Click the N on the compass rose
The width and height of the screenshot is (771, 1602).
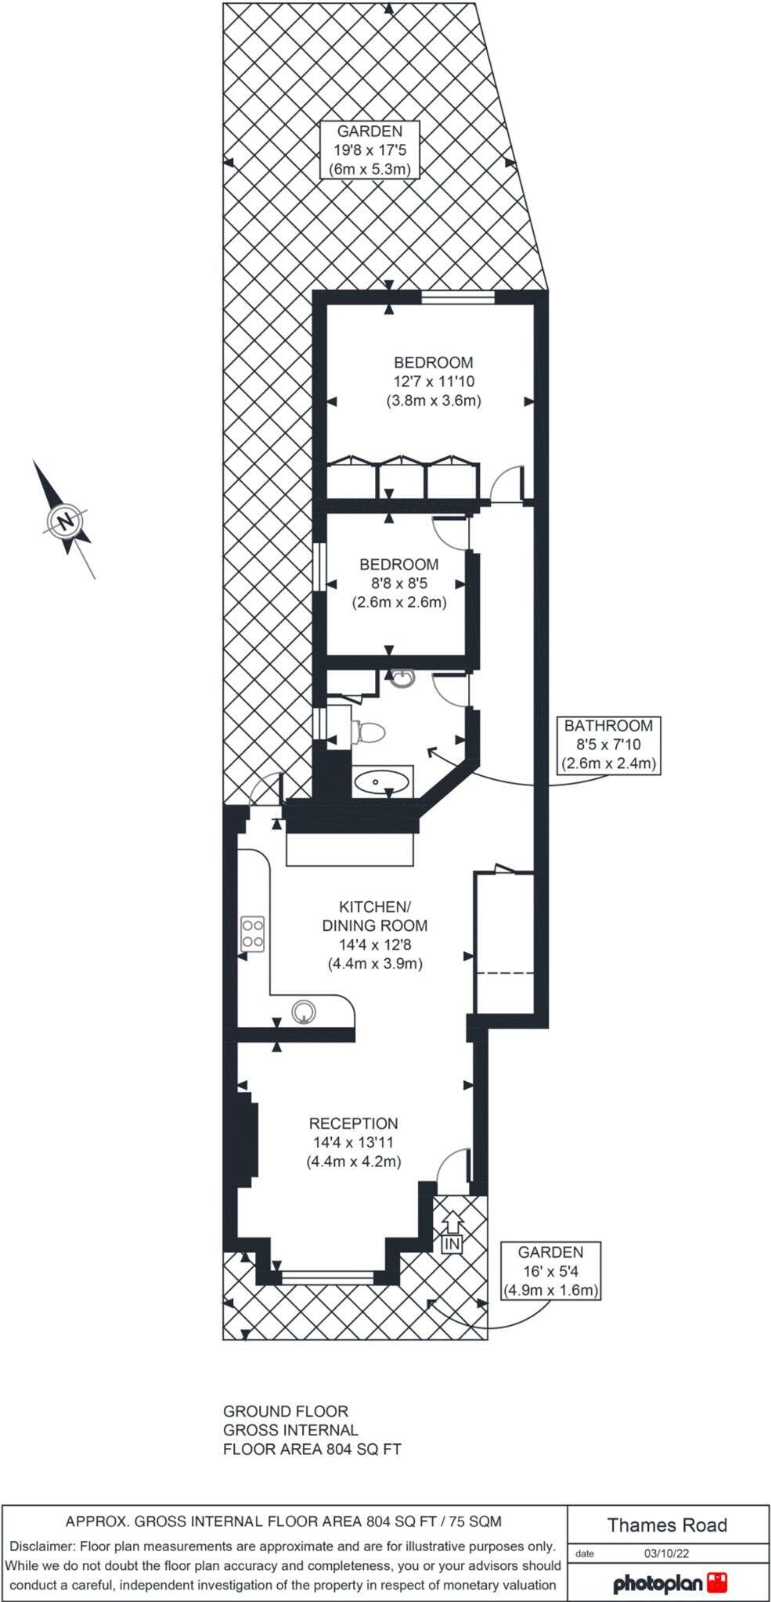(x=66, y=520)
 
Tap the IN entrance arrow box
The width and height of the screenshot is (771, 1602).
(x=452, y=1232)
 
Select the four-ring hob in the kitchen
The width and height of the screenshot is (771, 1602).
(x=253, y=932)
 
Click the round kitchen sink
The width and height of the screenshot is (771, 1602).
(x=304, y=1011)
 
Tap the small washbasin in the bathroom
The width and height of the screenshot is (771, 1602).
(x=401, y=678)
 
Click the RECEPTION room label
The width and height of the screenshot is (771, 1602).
(x=354, y=1122)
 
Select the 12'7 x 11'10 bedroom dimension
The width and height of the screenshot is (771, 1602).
(x=434, y=382)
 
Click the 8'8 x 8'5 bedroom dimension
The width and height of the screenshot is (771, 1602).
(x=399, y=583)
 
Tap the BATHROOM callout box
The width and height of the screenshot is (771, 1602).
(x=609, y=745)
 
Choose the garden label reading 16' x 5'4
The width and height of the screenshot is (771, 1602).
(x=552, y=1271)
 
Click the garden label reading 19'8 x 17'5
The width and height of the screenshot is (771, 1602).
(x=369, y=150)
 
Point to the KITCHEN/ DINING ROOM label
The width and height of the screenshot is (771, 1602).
(x=375, y=916)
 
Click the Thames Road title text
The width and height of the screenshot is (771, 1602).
(x=668, y=1525)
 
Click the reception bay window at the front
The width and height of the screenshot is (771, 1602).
(x=328, y=1277)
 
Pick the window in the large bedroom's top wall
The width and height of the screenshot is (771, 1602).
(x=457, y=296)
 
